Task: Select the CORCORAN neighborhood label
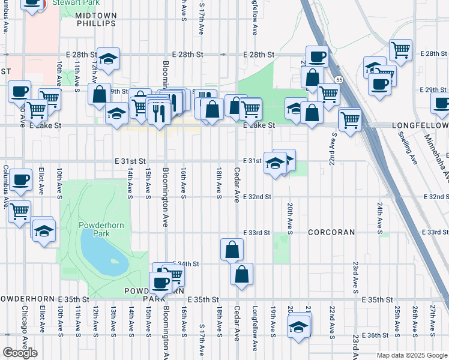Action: pyautogui.click(x=332, y=232)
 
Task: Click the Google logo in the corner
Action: pyautogui.click(x=20, y=353)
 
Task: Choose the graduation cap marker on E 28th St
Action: pyautogui.click(x=109, y=58)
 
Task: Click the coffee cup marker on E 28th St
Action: pyautogui.click(x=317, y=56)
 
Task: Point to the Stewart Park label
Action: pyautogui.click(x=70, y=3)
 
